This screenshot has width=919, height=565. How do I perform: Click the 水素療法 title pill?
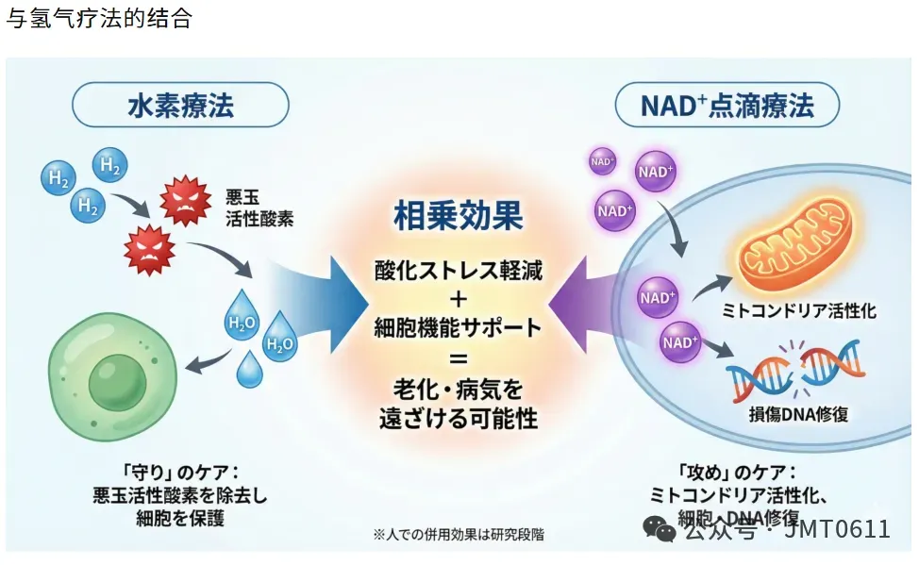pyautogui.click(x=180, y=105)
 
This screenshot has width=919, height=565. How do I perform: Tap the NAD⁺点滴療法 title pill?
pyautogui.click(x=727, y=105)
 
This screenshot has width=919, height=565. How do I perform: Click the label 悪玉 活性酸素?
pyautogui.click(x=259, y=208)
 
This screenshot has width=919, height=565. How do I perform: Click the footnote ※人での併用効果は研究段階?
pyautogui.click(x=458, y=534)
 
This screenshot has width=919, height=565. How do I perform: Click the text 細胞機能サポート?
pyautogui.click(x=458, y=328)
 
